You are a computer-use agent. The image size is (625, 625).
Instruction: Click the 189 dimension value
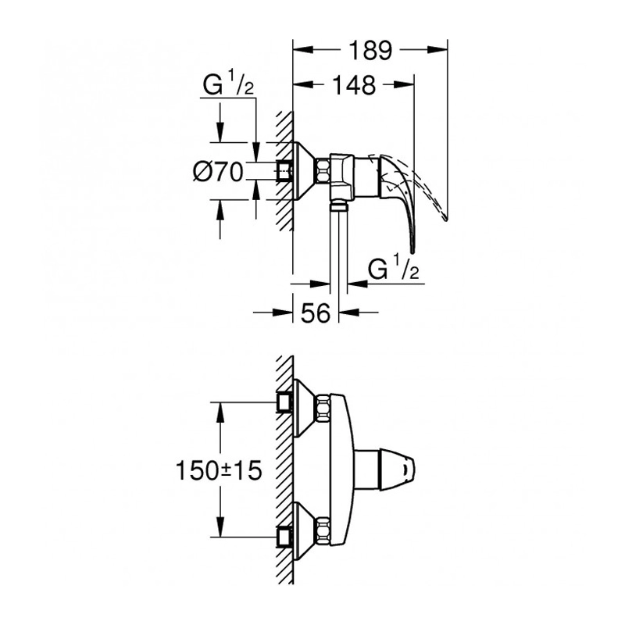pyautogui.click(x=370, y=50)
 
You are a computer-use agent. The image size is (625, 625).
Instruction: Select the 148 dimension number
pyautogui.click(x=354, y=84)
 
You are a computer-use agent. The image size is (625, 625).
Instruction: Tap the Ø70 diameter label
pyautogui.click(x=218, y=172)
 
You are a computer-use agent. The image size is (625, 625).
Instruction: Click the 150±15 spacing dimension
pyautogui.click(x=219, y=470)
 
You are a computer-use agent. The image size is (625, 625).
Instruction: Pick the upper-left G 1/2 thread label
pyautogui.click(x=228, y=84)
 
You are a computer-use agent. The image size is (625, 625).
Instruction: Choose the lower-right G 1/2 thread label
pyautogui.click(x=394, y=268)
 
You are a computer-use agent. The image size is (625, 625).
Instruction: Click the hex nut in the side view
pyautogui.click(x=323, y=171)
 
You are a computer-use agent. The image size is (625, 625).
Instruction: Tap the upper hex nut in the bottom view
pyautogui.click(x=323, y=408)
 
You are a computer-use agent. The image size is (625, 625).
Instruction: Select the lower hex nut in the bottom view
pyautogui.click(x=323, y=531)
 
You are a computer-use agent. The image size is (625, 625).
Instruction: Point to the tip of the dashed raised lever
pyautogui.click(x=445, y=219)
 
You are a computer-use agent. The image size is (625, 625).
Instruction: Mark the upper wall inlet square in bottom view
pyautogui.click(x=284, y=402)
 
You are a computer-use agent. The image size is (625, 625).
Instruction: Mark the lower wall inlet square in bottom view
pyautogui.click(x=284, y=537)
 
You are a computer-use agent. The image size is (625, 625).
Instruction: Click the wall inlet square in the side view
pyautogui.click(x=284, y=171)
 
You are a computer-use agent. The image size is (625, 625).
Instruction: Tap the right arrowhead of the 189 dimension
pyautogui.click(x=437, y=50)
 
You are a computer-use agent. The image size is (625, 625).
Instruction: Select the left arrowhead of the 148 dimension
pyautogui.click(x=302, y=84)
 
